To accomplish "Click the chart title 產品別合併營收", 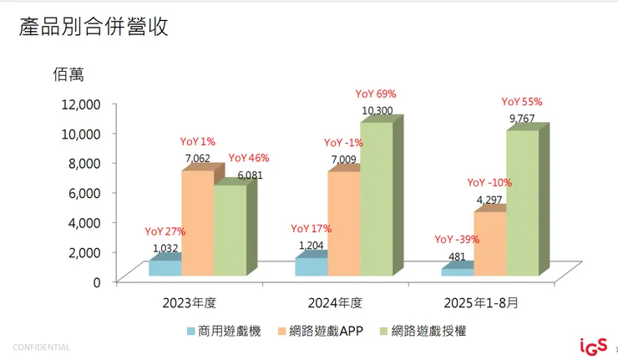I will [x=94, y=27].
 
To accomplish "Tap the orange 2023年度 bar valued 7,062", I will [x=197, y=223].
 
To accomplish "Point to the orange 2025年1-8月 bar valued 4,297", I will [x=489, y=243].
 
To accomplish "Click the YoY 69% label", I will [x=376, y=94].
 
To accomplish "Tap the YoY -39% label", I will [x=456, y=240].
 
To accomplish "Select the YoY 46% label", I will [x=249, y=158].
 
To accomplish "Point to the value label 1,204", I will [x=312, y=246].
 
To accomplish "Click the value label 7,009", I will [x=343, y=159].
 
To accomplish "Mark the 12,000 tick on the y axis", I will [x=80, y=104].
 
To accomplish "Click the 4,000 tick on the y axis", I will [x=84, y=222].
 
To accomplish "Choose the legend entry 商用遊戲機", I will [x=225, y=331].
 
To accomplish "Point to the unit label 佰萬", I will [x=68, y=75].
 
